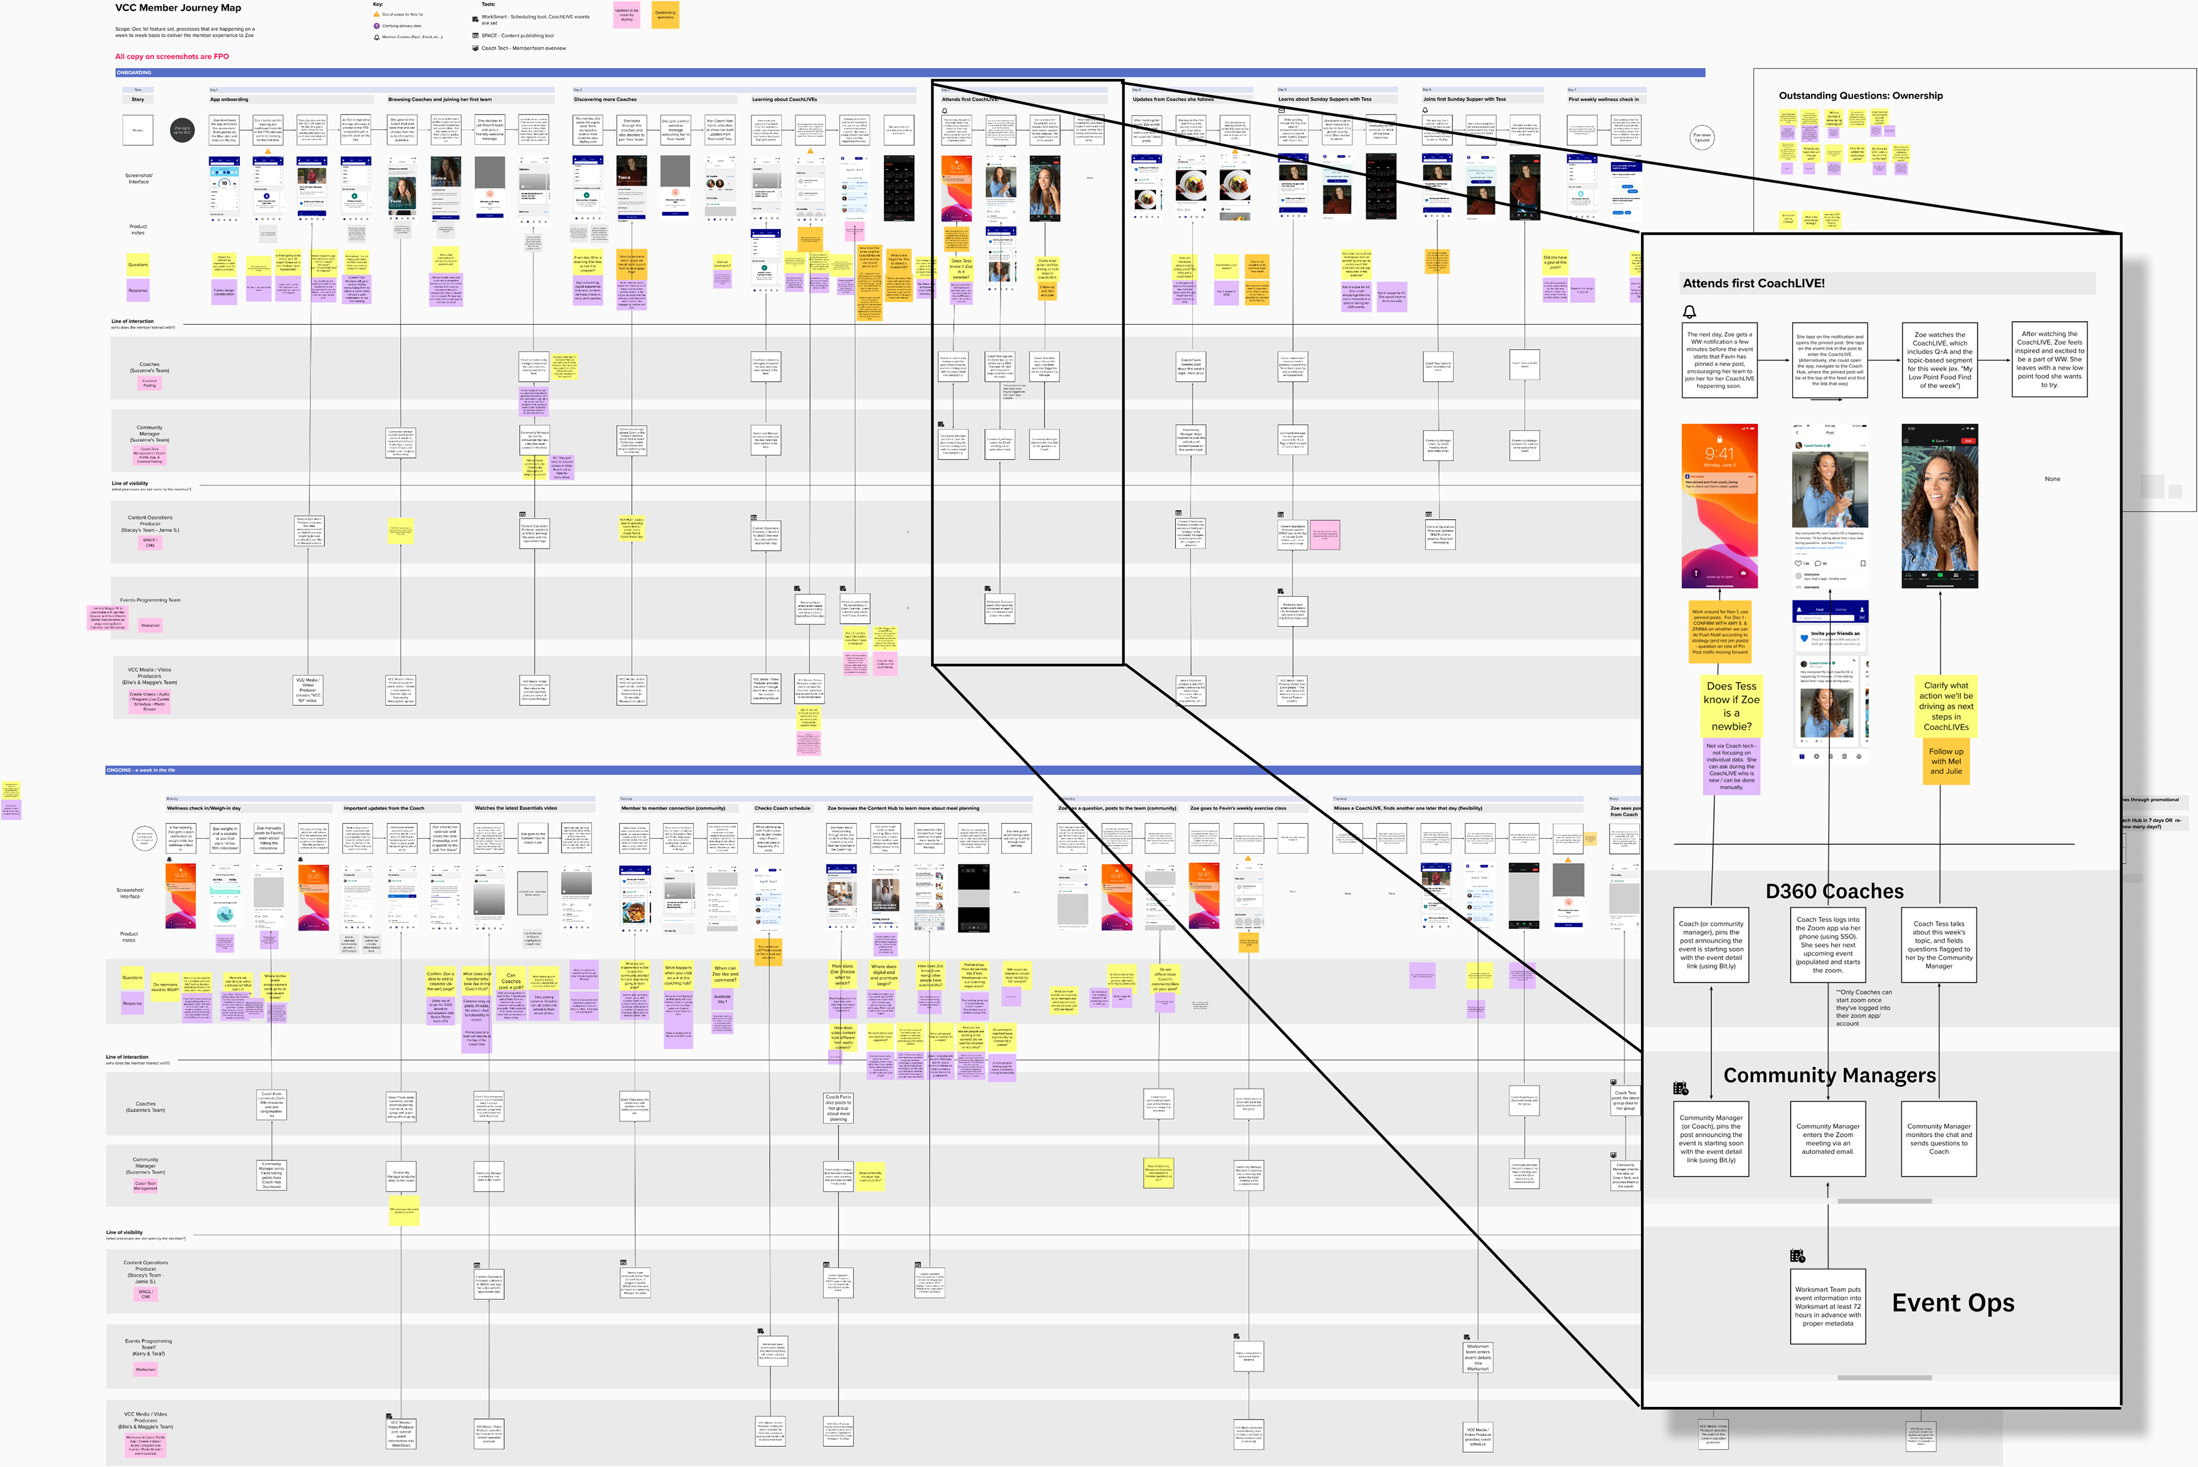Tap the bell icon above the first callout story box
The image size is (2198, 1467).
[x=1690, y=311]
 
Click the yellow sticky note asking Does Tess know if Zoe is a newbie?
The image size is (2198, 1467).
[x=1731, y=706]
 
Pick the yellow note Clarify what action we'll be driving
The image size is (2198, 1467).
[x=1946, y=706]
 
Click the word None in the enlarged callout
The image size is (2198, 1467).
[x=2052, y=479]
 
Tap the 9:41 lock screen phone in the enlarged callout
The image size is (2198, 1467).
[x=1719, y=505]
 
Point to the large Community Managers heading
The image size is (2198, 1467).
[x=1829, y=1076]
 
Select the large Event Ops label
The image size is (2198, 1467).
[x=1953, y=1303]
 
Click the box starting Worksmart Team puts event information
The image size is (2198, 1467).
[x=1828, y=1306]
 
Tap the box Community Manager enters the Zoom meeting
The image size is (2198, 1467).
[x=1828, y=1138]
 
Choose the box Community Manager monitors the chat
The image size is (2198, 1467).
[x=1939, y=1138]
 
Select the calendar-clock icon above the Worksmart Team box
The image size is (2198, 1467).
[x=1797, y=1256]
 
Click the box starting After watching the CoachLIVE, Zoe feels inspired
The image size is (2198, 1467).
[x=2049, y=359]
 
